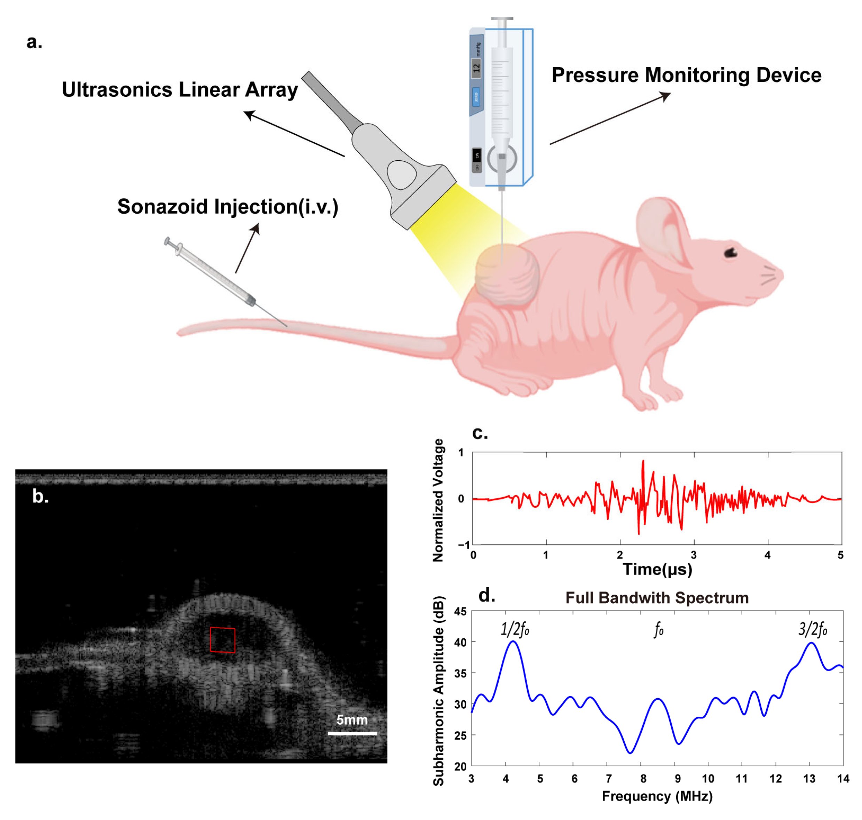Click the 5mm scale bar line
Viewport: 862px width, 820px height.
[x=352, y=733]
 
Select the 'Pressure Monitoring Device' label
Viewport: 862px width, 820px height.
[x=686, y=75]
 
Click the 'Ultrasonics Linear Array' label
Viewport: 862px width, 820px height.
[x=180, y=90]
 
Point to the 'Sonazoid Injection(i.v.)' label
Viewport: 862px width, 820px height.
[x=228, y=207]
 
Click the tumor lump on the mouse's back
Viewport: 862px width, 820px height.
[x=507, y=276]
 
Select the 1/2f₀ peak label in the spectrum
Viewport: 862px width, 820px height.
[x=515, y=630]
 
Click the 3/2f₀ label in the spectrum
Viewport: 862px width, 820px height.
[x=813, y=630]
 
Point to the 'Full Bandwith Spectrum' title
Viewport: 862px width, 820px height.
[x=657, y=597]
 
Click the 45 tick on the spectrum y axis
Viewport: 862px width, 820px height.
[x=460, y=612]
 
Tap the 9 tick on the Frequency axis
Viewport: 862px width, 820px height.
[x=677, y=779]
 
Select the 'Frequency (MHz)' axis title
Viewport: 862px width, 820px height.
[x=657, y=796]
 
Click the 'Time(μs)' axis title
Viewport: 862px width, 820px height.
[x=657, y=570]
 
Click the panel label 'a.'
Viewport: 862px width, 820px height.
[x=34, y=42]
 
